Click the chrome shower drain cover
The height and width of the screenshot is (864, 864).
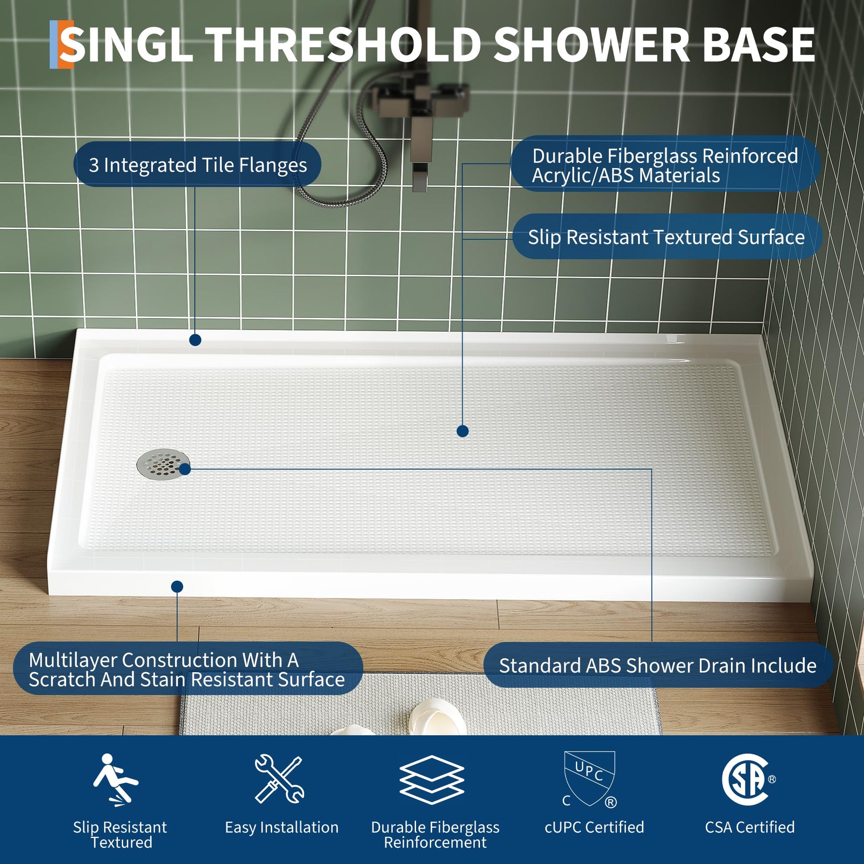163,465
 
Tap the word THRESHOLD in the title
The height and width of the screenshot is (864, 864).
343,45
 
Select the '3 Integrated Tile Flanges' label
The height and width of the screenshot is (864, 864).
197,165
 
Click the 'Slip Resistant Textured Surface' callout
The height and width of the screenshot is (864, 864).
667,237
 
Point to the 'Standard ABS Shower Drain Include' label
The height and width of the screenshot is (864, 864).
658,666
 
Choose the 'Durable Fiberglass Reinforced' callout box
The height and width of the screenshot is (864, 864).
666,164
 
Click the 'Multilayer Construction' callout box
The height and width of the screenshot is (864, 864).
188,669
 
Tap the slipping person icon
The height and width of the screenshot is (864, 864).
115,781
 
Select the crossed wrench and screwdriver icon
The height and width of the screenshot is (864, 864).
280,779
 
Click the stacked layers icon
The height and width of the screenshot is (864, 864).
432,780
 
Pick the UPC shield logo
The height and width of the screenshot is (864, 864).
590,779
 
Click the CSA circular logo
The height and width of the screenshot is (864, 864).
745,780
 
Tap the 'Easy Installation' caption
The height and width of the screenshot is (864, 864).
282,827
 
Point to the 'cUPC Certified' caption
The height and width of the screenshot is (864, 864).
594,827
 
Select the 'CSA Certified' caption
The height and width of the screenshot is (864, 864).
750,827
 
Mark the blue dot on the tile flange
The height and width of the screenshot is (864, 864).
195,340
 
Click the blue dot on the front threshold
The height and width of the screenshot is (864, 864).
177,586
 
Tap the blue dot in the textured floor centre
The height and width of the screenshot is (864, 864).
463,431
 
